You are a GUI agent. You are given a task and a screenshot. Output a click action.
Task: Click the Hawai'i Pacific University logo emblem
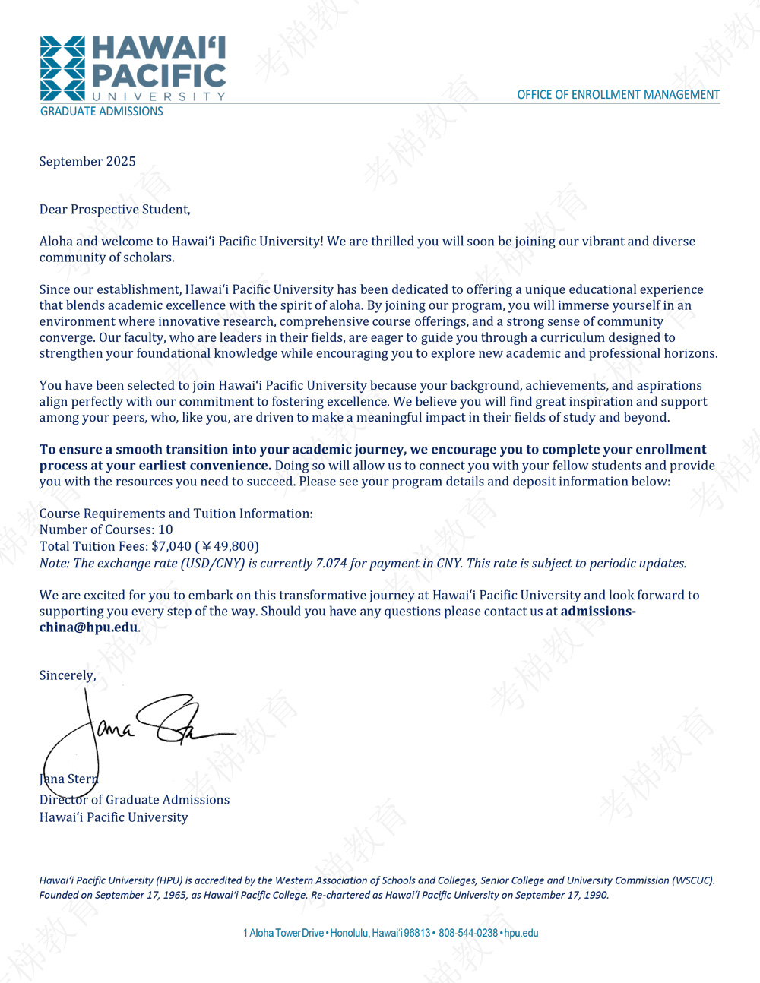pyautogui.click(x=62, y=68)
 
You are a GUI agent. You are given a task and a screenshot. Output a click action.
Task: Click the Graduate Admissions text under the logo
pyautogui.click(x=101, y=112)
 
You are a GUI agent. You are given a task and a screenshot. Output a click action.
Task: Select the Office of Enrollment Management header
pyautogui.click(x=618, y=95)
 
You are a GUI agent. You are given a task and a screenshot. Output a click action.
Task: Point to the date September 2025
pyautogui.click(x=87, y=162)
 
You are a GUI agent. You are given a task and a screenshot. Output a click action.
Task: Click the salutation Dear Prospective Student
pyautogui.click(x=115, y=210)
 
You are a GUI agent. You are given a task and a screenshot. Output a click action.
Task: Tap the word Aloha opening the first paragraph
pyautogui.click(x=55, y=242)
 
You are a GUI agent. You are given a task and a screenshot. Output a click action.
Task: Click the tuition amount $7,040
pyautogui.click(x=171, y=546)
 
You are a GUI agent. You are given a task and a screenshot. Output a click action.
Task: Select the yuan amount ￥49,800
pyautogui.click(x=230, y=546)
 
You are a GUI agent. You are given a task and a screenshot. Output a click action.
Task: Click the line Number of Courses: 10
pyautogui.click(x=106, y=529)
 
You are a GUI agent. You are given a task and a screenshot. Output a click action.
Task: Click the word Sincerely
pyautogui.click(x=68, y=675)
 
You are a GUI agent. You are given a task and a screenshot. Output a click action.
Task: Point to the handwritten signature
pyautogui.click(x=137, y=729)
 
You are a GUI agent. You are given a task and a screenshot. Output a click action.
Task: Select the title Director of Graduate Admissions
pyautogui.click(x=135, y=800)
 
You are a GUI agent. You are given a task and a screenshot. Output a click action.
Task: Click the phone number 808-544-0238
pyautogui.click(x=468, y=933)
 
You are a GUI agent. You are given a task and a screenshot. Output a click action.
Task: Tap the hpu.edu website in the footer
pyautogui.click(x=521, y=933)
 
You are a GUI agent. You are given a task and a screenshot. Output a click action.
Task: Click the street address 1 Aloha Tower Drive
pyautogui.click(x=283, y=933)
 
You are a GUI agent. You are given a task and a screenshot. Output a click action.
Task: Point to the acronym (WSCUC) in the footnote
pyautogui.click(x=693, y=880)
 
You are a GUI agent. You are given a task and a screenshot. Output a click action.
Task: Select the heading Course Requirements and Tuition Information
pyautogui.click(x=176, y=514)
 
